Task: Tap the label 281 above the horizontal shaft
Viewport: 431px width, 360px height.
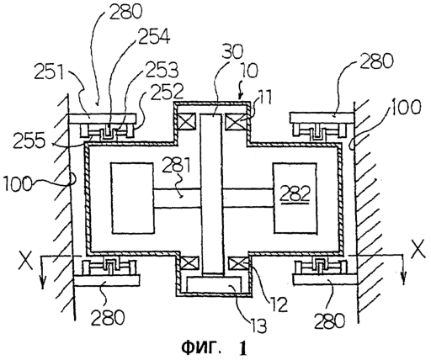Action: tap(176, 165)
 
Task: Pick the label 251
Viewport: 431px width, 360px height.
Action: tap(50, 72)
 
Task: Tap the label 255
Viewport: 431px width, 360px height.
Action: tap(29, 140)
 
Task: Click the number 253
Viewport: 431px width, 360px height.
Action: tap(163, 70)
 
